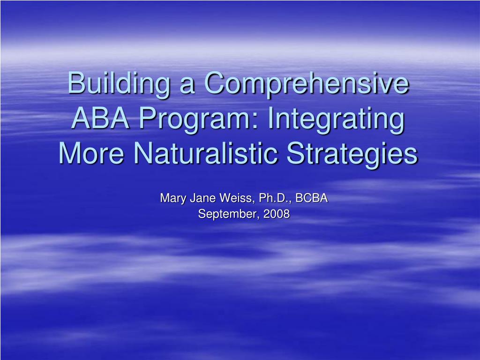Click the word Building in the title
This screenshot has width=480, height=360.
pyautogui.click(x=119, y=84)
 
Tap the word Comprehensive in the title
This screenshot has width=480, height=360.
pyautogui.click(x=307, y=84)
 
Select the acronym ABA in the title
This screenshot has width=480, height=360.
pyautogui.click(x=100, y=118)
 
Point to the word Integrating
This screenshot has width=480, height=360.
pyautogui.click(x=336, y=120)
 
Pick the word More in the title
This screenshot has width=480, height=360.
pyautogui.click(x=91, y=153)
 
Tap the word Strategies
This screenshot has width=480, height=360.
pyautogui.click(x=352, y=154)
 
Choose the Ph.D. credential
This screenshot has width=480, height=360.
pyautogui.click(x=275, y=198)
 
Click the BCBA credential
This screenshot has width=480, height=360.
pyautogui.click(x=312, y=198)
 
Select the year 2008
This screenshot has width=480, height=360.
pyautogui.click(x=277, y=213)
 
